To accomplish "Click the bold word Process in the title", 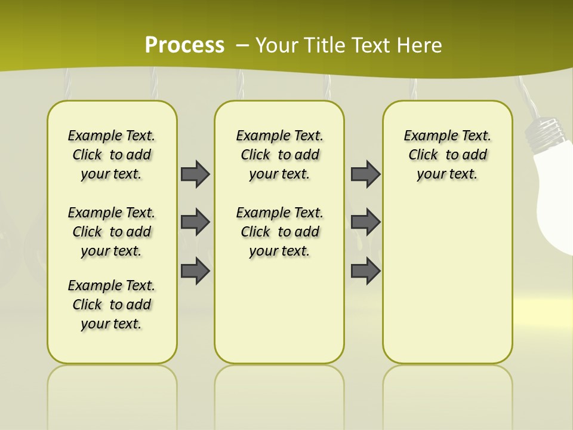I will click(184, 45).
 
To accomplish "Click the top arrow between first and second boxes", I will click(195, 174).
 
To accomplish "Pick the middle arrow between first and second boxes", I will click(195, 222).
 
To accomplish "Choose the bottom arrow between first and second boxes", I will click(195, 271).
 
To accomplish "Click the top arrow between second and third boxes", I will click(365, 174).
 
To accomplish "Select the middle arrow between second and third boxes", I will click(365, 222).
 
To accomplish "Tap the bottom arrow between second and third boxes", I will click(365, 271).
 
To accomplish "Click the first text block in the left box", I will click(112, 155).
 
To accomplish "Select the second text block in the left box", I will click(112, 232).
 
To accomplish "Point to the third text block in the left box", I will click(112, 305).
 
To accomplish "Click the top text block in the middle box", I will click(279, 155).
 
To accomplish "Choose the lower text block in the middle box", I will click(279, 232).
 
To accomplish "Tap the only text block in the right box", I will click(447, 155).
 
